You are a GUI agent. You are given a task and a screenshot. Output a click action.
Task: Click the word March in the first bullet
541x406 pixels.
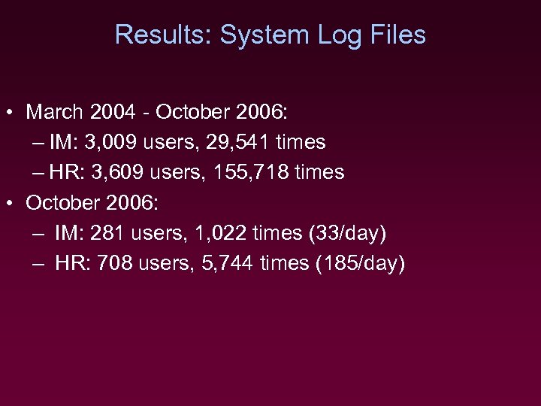tap(55, 113)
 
